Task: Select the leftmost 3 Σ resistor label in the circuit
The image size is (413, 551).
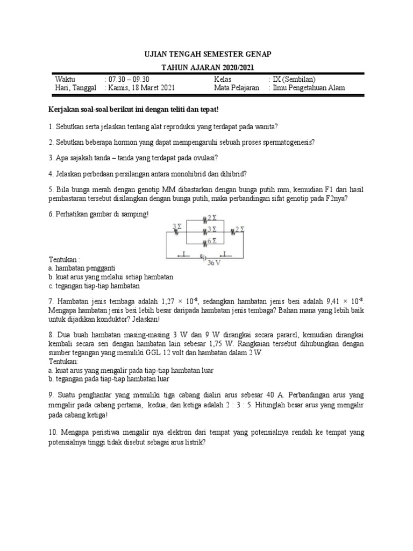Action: [176, 227]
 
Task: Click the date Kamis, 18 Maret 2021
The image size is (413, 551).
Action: [141, 88]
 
